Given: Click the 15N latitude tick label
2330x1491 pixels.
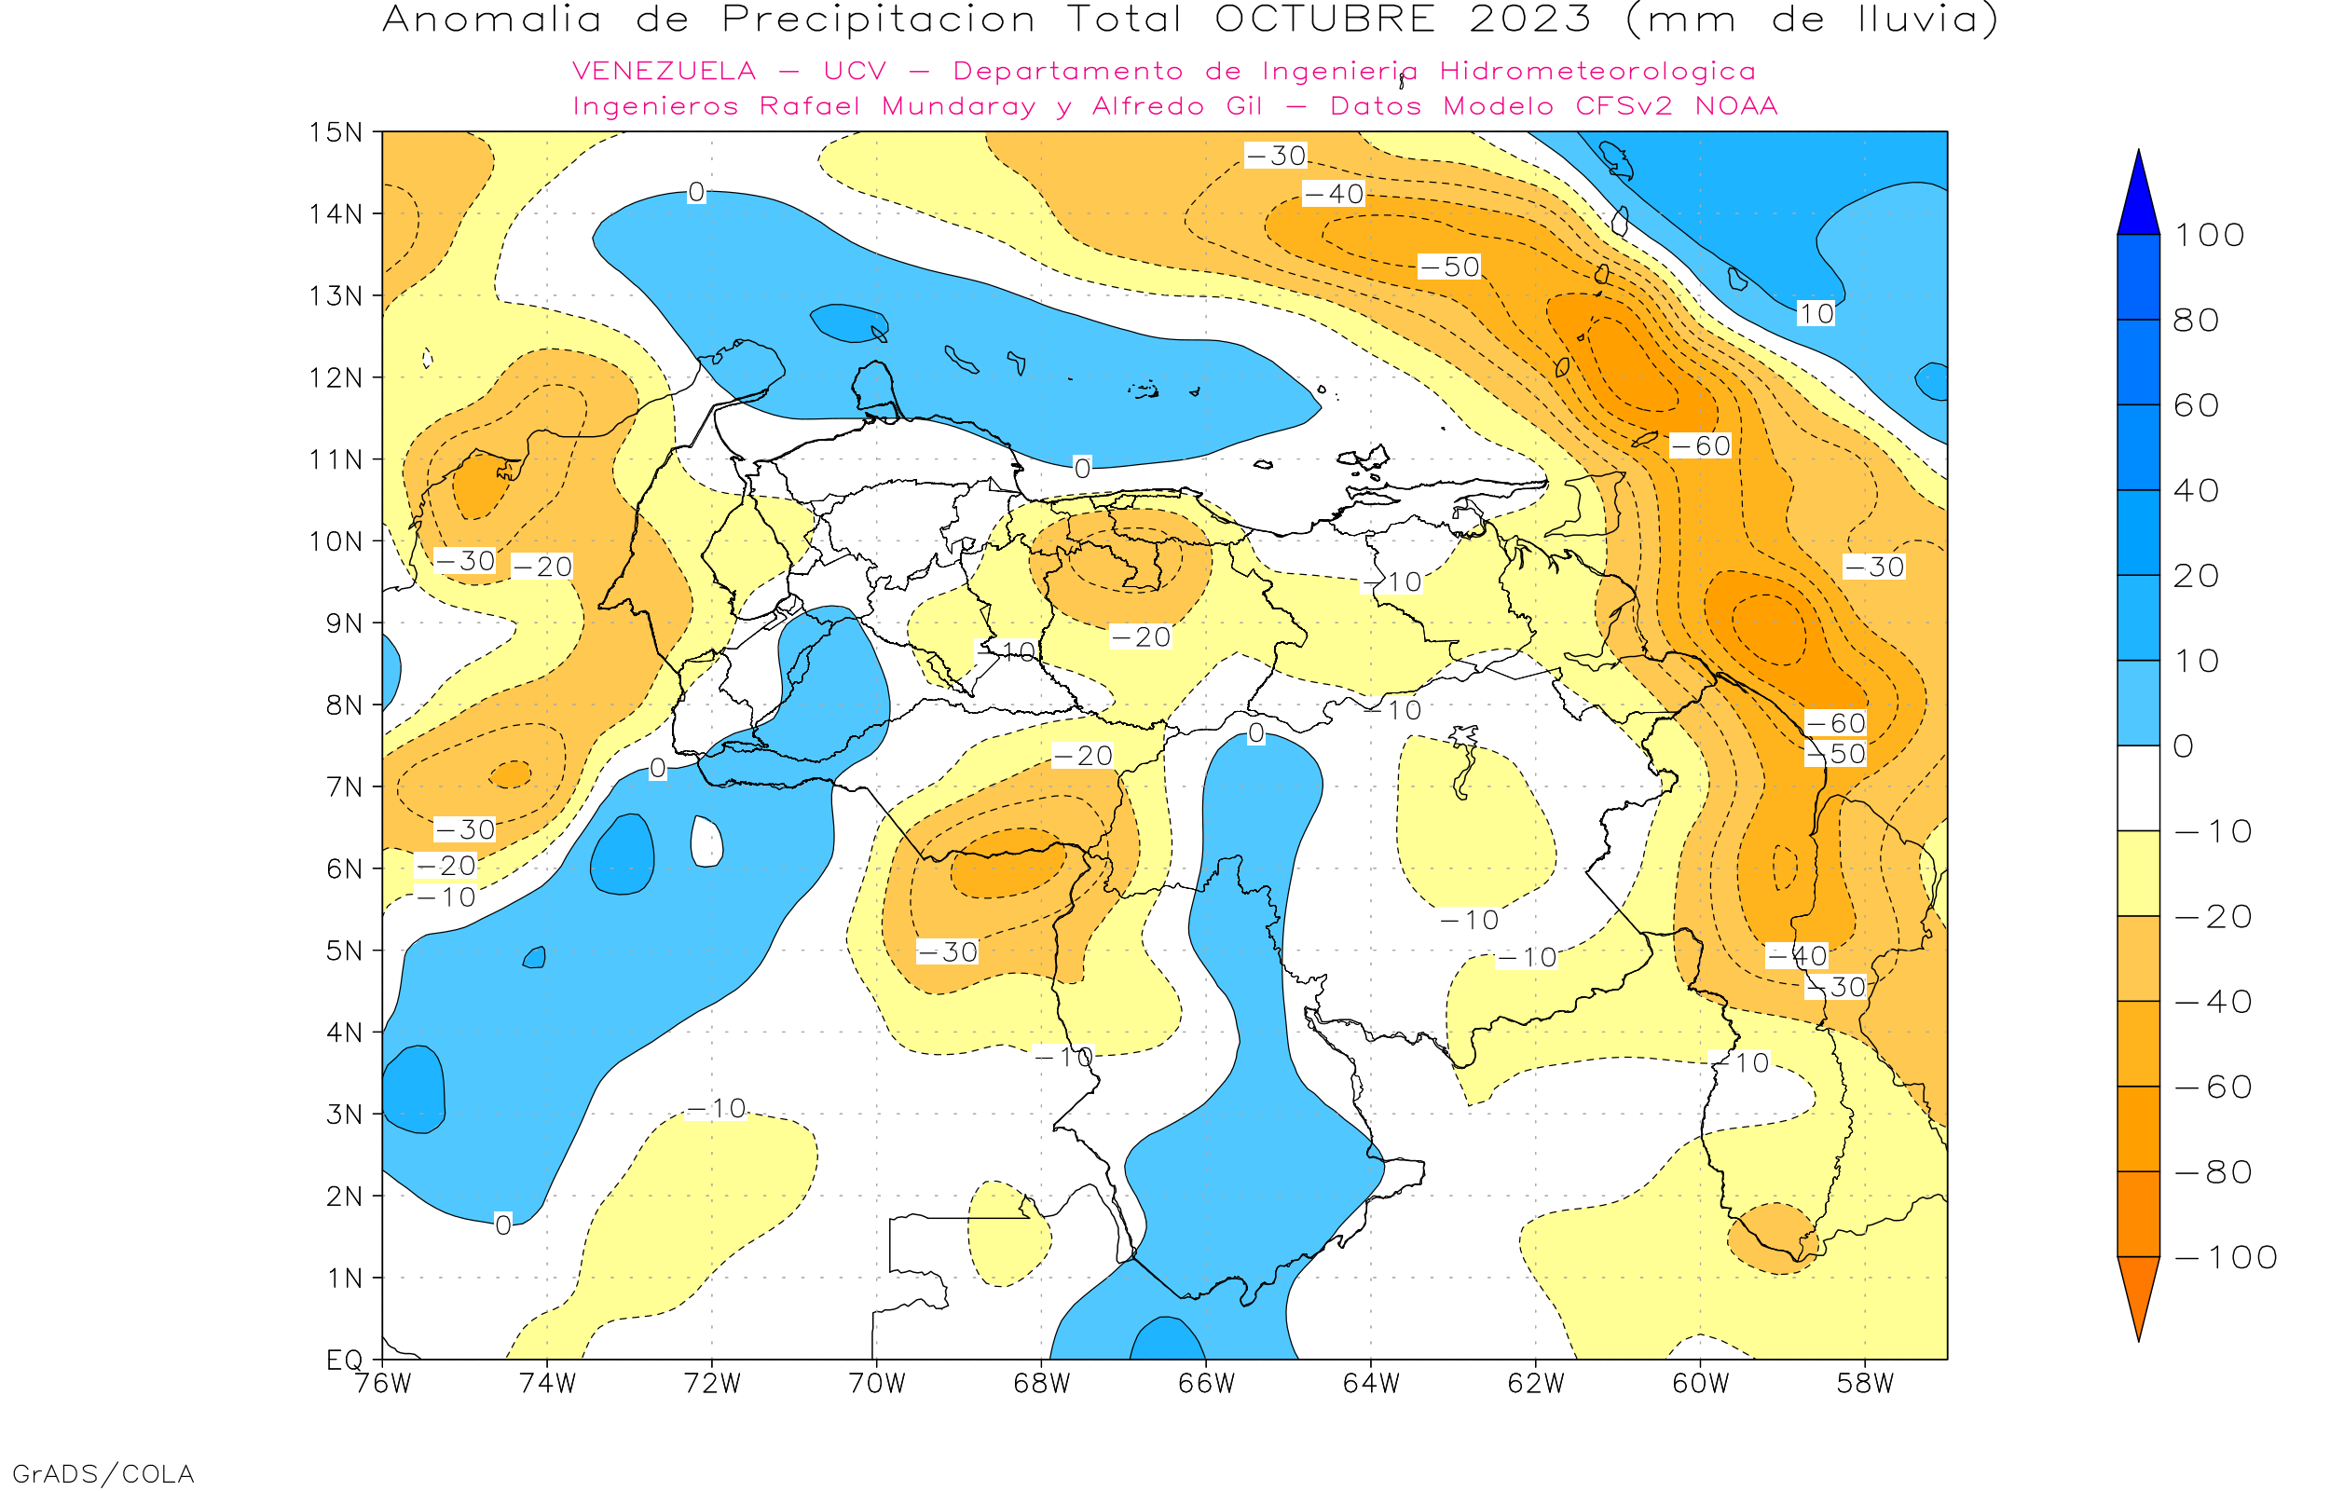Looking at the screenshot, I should click(x=335, y=131).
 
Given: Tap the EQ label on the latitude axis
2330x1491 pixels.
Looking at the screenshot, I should click(x=345, y=1360).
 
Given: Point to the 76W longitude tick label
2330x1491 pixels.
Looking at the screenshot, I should click(x=383, y=1384).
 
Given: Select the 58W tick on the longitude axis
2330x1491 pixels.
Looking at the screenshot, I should click(x=1865, y=1384).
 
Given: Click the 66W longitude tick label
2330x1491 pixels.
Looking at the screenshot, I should click(x=1206, y=1384).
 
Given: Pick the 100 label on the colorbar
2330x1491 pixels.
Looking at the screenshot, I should click(x=2209, y=235).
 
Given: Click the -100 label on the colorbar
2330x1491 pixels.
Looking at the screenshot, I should click(x=2226, y=1258).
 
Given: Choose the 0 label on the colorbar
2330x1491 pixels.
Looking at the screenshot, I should click(x=2184, y=746).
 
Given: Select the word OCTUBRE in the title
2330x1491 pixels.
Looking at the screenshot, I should click(x=1325, y=20).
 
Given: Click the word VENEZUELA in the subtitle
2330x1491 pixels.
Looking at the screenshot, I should click(x=665, y=72).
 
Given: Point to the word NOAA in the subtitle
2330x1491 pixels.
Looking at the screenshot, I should click(x=1736, y=106).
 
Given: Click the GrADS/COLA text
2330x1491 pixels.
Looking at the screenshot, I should click(x=103, y=1473).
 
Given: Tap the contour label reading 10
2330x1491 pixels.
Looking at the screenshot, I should click(x=1816, y=314).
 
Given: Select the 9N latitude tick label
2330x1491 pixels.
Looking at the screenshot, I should click(x=345, y=622).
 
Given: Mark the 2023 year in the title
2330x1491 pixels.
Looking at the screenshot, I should click(x=1530, y=20).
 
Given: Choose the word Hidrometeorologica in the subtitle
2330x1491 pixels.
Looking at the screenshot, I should click(x=1597, y=72).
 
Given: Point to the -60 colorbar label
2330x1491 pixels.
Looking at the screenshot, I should click(x=2213, y=1087).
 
